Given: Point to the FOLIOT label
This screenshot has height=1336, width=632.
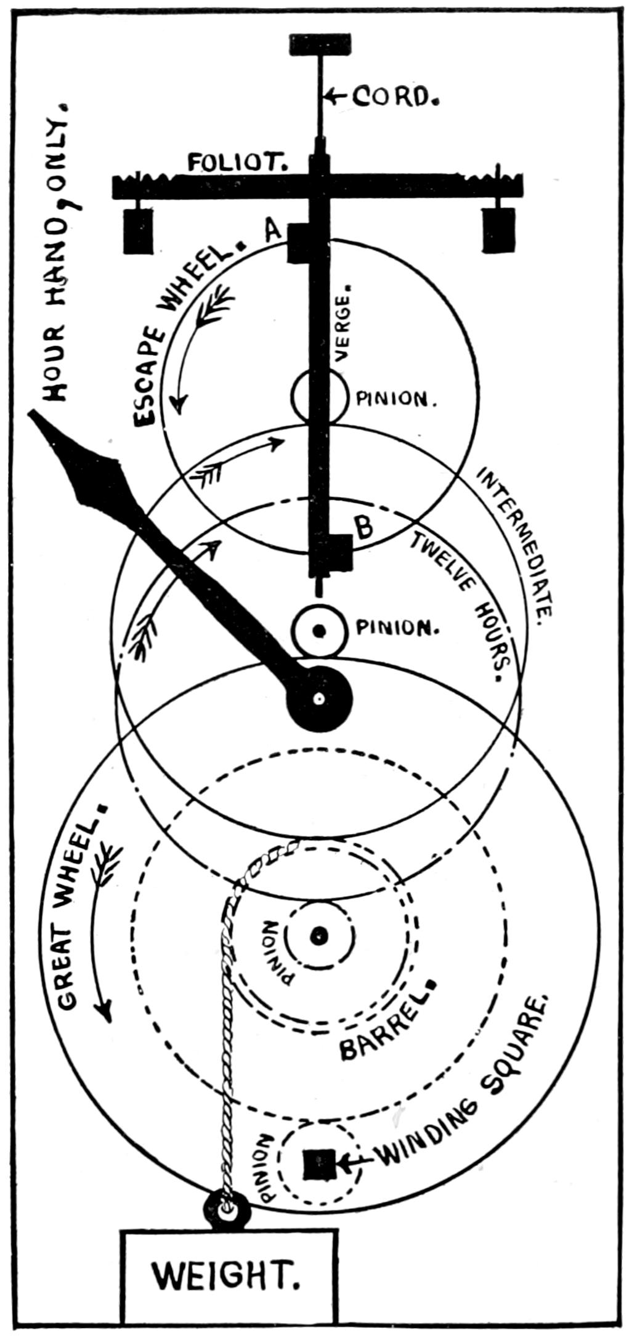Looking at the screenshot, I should point(237,163).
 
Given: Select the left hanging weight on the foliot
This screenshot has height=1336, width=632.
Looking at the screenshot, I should point(138,230).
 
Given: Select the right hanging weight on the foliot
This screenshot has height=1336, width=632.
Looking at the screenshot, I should point(498,230).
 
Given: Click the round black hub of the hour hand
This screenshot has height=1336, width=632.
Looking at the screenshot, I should point(320,699).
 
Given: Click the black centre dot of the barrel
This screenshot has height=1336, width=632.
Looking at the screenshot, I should point(318,937).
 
